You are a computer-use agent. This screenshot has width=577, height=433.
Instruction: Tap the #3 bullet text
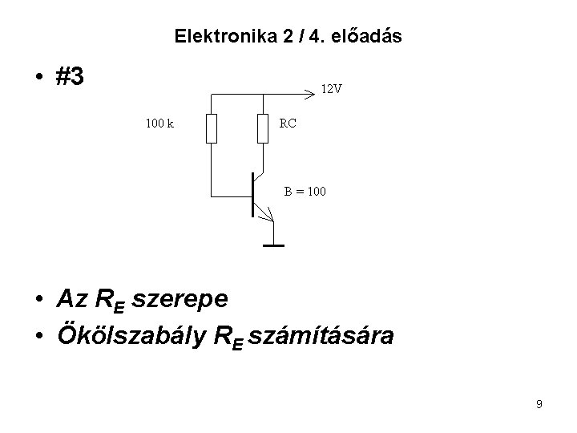pos(71,77)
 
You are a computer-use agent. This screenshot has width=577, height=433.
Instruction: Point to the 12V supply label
pos(331,89)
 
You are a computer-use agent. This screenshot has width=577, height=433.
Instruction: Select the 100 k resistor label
pos(160,123)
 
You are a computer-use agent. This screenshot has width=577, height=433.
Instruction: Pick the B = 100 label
pos(305,192)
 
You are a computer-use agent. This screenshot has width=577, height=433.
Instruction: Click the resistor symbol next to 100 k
pos(212,128)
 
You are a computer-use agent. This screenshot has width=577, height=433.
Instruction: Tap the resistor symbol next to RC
pos(263,128)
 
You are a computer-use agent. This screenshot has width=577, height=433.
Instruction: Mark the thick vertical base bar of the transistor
pos(253,195)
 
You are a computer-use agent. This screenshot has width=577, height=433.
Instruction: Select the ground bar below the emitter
pos(273,245)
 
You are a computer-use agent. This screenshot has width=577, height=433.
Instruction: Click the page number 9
pos(539,404)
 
